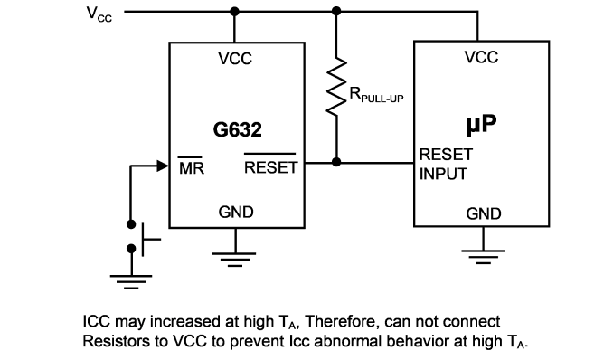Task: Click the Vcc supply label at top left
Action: [99, 14]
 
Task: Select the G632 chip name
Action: [237, 129]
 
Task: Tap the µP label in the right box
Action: [481, 125]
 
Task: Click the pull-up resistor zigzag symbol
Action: [336, 87]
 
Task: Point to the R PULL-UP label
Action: [376, 95]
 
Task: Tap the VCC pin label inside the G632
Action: [235, 59]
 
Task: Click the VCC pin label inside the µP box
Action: [481, 57]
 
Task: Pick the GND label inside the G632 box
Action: [236, 212]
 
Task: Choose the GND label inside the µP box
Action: [484, 213]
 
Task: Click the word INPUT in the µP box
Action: [443, 174]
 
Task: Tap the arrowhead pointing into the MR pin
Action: [162, 166]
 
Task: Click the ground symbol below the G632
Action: [234, 260]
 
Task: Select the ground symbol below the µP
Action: [483, 257]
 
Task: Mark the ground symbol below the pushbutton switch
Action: [131, 281]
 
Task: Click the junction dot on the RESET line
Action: [336, 162]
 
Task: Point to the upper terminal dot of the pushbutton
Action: [131, 224]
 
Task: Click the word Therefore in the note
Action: [342, 321]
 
